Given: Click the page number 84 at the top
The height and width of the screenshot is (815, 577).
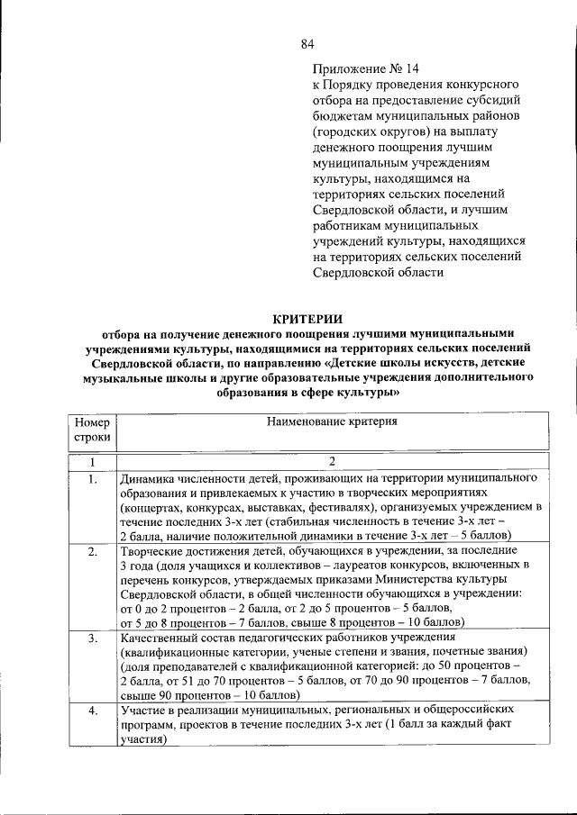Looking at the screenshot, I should (307, 44).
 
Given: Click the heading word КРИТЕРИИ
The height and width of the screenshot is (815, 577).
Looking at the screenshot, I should (307, 316).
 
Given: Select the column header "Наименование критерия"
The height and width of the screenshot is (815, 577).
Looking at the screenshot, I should (332, 421).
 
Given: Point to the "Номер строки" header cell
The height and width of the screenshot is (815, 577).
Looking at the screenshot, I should (92, 429).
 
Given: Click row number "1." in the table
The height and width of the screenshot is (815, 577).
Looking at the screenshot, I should (92, 479).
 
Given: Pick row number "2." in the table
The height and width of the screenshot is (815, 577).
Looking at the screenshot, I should (92, 550).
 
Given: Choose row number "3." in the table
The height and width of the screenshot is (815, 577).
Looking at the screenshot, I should (92, 638).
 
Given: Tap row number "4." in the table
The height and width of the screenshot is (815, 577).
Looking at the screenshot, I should (92, 711).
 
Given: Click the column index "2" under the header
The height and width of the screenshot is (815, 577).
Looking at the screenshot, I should (332, 462).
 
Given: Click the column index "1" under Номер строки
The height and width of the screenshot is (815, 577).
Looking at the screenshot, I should (92, 462).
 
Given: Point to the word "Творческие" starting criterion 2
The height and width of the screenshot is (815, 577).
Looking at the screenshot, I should (150, 549).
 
